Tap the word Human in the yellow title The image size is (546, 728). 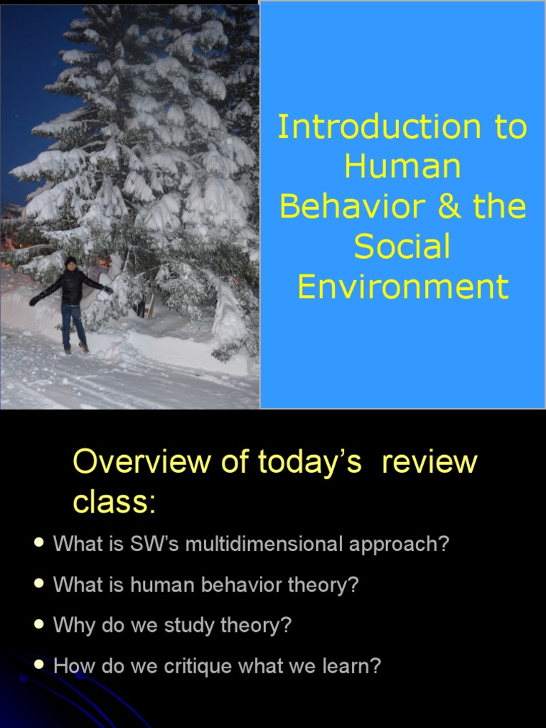tap(402, 167)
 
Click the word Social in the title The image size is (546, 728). tap(402, 247)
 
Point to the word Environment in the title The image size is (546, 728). tap(402, 287)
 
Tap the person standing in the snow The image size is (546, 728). tap(72, 302)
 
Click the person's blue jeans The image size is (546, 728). tap(73, 323)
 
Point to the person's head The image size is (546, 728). tap(70, 262)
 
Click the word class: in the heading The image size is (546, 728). tap(114, 503)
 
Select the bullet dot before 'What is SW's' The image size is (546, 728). tap(39, 543)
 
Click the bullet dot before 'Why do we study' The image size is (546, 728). tap(39, 625)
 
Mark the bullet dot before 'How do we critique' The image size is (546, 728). tap(39, 665)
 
